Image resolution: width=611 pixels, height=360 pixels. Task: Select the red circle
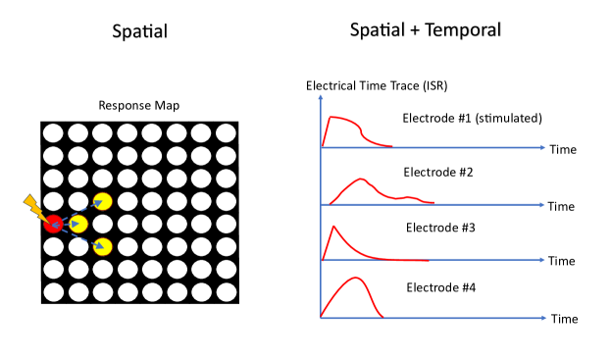click(53, 224)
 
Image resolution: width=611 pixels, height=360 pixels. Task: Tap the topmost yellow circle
click(102, 201)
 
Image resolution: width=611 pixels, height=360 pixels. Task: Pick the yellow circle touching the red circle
click(78, 224)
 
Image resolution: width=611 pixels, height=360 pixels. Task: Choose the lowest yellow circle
click(102, 246)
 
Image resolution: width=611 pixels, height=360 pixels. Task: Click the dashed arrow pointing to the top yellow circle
click(80, 210)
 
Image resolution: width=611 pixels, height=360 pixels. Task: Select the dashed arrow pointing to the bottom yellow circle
click(80, 236)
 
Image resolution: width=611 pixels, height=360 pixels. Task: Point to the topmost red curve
click(343, 120)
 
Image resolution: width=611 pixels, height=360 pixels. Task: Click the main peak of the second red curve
click(362, 179)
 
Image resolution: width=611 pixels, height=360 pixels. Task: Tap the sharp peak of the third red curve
click(333, 227)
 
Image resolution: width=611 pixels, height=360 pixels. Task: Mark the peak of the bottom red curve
click(357, 278)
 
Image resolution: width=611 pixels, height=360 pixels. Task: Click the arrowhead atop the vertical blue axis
click(321, 97)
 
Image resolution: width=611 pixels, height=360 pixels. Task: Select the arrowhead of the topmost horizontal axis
click(542, 148)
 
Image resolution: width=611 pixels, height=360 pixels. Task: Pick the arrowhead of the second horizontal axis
click(542, 205)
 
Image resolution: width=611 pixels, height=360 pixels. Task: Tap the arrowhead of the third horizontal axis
click(542, 260)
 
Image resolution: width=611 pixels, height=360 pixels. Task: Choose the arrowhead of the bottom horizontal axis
click(542, 318)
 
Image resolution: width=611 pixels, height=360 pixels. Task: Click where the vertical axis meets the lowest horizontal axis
click(321, 318)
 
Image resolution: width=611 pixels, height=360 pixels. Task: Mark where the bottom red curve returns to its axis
click(382, 317)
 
